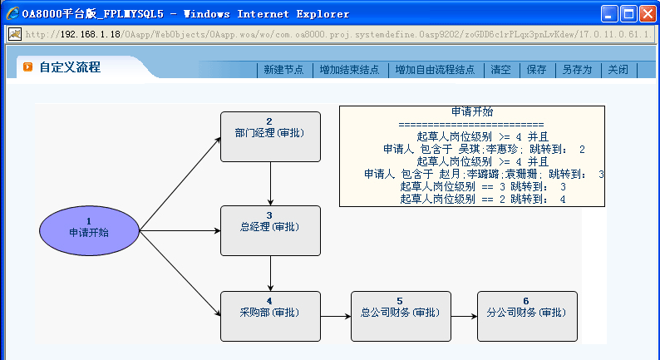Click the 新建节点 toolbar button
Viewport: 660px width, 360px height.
pyautogui.click(x=283, y=70)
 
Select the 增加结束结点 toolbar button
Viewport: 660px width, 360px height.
pyautogui.click(x=349, y=70)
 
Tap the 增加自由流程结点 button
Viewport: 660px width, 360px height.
pyautogui.click(x=435, y=70)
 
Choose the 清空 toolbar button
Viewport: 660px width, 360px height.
pyautogui.click(x=501, y=70)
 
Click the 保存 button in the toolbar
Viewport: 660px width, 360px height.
pyautogui.click(x=536, y=70)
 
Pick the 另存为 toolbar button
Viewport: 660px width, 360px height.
pyautogui.click(x=577, y=70)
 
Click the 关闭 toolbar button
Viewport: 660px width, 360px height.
pyautogui.click(x=618, y=70)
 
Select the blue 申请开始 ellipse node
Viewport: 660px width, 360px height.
pyautogui.click(x=89, y=229)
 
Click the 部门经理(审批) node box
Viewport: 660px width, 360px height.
pyautogui.click(x=270, y=136)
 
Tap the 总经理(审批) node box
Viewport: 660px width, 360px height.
pyautogui.click(x=270, y=230)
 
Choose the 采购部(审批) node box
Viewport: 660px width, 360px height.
pyautogui.click(x=270, y=316)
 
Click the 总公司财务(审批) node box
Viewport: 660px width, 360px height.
pyautogui.click(x=401, y=316)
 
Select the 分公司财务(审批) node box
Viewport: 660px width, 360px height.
pyautogui.click(x=526, y=316)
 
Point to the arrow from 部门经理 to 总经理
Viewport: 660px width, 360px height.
pyautogui.click(x=270, y=184)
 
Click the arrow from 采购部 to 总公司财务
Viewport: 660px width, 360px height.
pyautogui.click(x=335, y=316)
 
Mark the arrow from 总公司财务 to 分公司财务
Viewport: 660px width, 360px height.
pyautogui.click(x=463, y=316)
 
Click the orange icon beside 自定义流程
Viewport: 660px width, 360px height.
pyautogui.click(x=27, y=67)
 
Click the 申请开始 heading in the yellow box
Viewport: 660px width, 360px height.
pyautogui.click(x=471, y=111)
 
